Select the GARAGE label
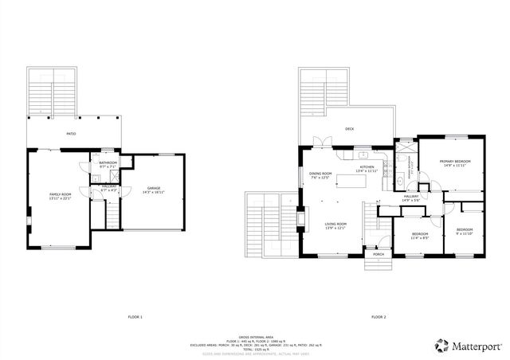click(x=154, y=190)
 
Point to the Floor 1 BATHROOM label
click(x=108, y=164)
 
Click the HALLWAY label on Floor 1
click(x=109, y=188)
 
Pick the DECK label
click(x=349, y=128)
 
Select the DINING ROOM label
click(x=320, y=175)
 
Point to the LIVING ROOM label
click(x=335, y=225)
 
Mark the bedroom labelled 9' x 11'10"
click(x=465, y=232)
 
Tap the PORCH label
click(x=378, y=254)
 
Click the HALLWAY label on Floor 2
click(x=411, y=198)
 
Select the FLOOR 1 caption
click(x=135, y=317)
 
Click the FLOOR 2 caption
click(x=378, y=317)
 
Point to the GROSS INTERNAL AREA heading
click(x=255, y=338)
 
